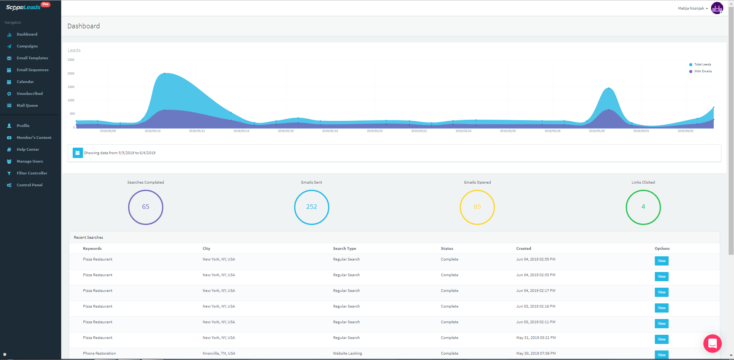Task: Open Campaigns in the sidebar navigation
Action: coord(27,46)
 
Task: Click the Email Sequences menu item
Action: coord(32,70)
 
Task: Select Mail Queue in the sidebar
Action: coord(27,106)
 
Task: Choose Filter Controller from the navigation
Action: coord(32,173)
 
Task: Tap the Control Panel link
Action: coord(29,185)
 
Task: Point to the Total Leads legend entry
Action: coord(702,65)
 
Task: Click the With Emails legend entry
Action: coord(703,72)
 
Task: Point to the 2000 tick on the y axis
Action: coord(71,73)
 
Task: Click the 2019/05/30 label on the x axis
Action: coord(597,131)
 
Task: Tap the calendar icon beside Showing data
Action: coord(78,153)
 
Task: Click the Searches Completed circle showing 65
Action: coord(146,207)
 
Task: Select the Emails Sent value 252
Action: coord(311,207)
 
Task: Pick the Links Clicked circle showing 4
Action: coord(643,207)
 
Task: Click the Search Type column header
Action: coord(344,249)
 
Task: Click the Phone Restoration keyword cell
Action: coord(99,353)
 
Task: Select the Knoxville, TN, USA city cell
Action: coord(219,353)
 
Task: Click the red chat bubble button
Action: coord(712,344)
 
